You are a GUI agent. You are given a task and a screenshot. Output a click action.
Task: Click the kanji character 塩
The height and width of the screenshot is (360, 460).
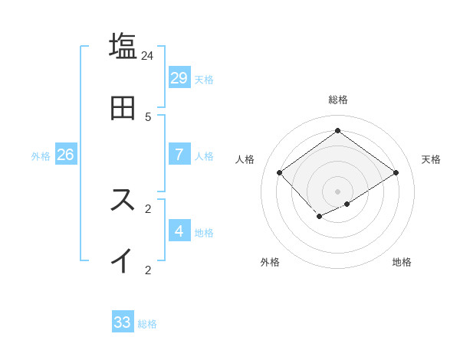pyautogui.click(x=123, y=45)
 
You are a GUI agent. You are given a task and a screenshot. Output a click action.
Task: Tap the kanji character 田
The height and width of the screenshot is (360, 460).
pyautogui.click(x=123, y=107)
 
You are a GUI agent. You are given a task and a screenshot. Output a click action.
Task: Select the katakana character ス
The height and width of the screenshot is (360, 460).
pyautogui.click(x=123, y=199)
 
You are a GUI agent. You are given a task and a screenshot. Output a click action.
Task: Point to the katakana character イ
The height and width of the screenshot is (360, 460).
pyautogui.click(x=123, y=260)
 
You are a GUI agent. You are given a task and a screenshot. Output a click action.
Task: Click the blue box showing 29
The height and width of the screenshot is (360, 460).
pyautogui.click(x=179, y=77)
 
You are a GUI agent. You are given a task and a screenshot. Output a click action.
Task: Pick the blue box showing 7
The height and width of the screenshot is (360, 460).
pyautogui.click(x=179, y=155)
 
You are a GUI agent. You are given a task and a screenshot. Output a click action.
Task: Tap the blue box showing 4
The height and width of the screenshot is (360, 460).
pyautogui.click(x=179, y=231)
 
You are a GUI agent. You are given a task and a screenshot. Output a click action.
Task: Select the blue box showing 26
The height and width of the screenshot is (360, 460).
pyautogui.click(x=65, y=155)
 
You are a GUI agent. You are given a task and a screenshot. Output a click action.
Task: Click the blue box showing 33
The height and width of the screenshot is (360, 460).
pyautogui.click(x=123, y=322)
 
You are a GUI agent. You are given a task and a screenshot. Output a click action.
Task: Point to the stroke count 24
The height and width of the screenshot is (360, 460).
pyautogui.click(x=148, y=56)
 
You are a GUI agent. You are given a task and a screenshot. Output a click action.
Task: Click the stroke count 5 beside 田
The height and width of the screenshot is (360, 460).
pyautogui.click(x=148, y=117)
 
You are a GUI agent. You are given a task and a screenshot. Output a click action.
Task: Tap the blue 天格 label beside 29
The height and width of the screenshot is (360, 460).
pyautogui.click(x=204, y=79)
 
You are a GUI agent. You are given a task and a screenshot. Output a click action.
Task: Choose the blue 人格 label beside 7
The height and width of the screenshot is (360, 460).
pyautogui.click(x=204, y=156)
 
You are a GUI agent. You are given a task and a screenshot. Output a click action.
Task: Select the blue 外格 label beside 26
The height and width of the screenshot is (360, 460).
pyautogui.click(x=41, y=156)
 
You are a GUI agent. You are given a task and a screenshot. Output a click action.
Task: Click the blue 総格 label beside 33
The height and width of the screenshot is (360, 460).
pyautogui.click(x=147, y=324)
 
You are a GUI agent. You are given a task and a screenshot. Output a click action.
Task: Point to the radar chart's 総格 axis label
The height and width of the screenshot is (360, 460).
pyautogui.click(x=338, y=100)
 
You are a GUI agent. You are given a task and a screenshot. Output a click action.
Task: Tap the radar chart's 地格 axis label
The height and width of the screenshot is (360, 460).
pyautogui.click(x=402, y=262)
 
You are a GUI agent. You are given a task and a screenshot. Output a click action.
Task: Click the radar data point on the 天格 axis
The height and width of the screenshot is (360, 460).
pyautogui.click(x=396, y=173)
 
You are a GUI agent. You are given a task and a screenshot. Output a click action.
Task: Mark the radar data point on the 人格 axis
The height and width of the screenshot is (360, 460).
pyautogui.click(x=280, y=173)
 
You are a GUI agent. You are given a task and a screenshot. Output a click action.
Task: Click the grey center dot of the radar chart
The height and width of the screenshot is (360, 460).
pyautogui.click(x=338, y=191)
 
